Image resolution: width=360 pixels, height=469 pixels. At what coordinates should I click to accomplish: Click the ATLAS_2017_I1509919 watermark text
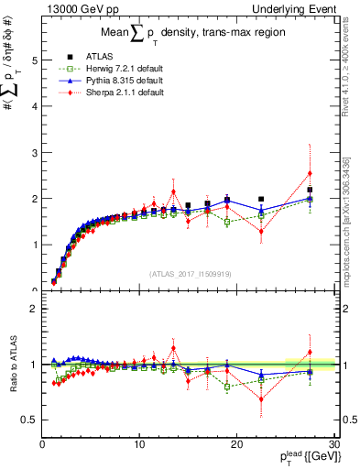click(189, 273)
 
